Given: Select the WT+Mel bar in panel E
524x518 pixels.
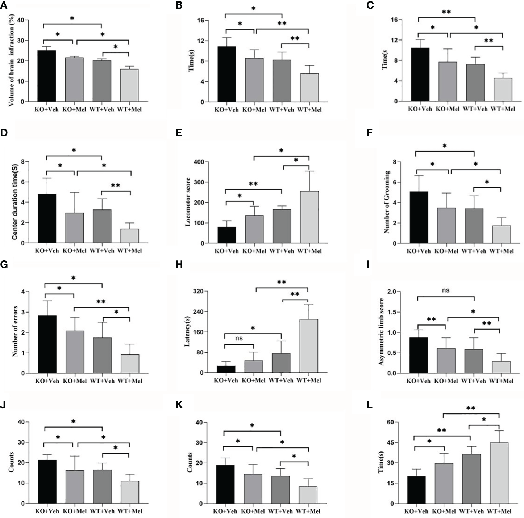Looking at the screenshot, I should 309,217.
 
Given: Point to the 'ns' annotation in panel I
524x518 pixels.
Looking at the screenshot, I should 446,290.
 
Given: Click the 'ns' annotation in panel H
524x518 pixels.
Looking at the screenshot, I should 239,339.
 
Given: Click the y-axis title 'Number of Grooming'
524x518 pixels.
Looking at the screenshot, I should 387,202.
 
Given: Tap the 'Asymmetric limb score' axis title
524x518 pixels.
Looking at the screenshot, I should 381,332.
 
